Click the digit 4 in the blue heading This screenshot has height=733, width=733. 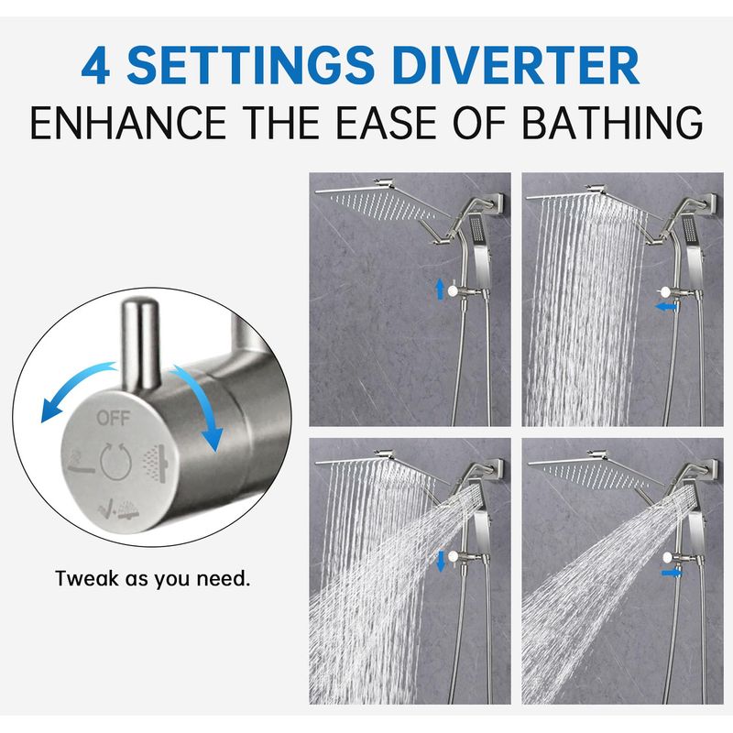(x=96, y=66)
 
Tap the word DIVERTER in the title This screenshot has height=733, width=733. (x=517, y=65)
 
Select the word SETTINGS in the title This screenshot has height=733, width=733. (x=250, y=65)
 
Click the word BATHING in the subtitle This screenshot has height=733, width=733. (x=612, y=123)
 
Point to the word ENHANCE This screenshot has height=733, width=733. (x=128, y=123)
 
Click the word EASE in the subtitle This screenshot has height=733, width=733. (x=386, y=123)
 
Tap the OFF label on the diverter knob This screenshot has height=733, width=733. (x=113, y=418)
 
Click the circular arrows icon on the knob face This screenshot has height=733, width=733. (x=115, y=461)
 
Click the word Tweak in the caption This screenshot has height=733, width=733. (x=87, y=578)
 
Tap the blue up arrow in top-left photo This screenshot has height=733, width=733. (x=440, y=289)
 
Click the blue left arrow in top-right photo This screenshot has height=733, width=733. (x=666, y=307)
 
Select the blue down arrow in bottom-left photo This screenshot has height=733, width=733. (x=441, y=561)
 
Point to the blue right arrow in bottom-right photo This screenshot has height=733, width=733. (x=672, y=573)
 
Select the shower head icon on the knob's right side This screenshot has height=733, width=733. (x=156, y=464)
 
